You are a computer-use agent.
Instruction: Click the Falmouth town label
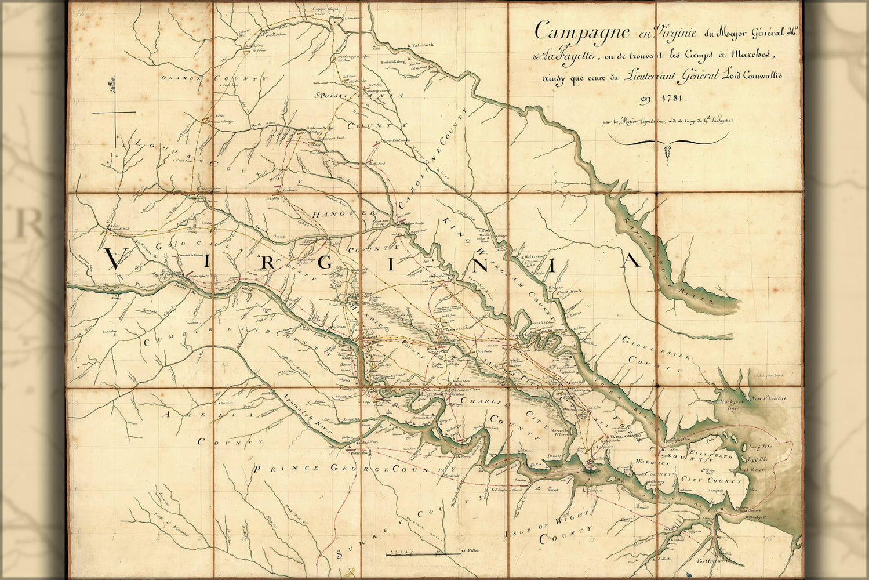422,45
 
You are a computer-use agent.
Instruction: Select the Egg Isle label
758,460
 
